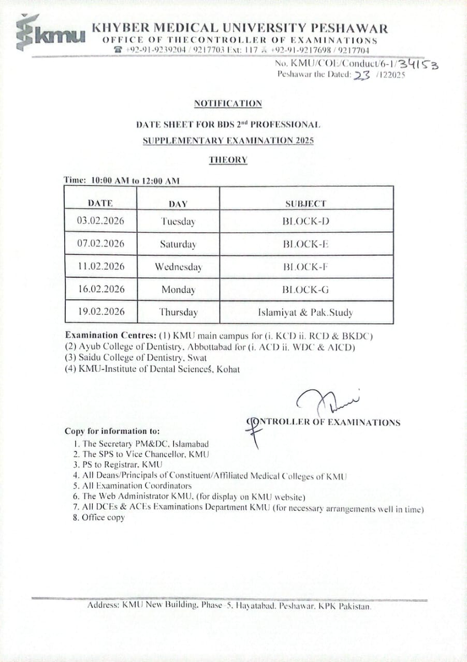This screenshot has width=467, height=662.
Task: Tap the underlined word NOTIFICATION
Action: point(228,103)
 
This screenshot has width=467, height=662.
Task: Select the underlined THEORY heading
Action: point(228,160)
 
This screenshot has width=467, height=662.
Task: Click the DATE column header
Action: point(100,203)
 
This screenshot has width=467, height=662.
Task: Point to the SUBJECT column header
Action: point(306,204)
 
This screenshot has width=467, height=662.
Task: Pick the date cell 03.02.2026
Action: point(100,221)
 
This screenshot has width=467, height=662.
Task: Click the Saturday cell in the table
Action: point(178,244)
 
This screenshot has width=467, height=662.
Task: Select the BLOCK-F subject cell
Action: point(306,267)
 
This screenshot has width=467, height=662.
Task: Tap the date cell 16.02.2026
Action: point(101,289)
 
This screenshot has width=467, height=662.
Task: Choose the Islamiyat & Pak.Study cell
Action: point(306,312)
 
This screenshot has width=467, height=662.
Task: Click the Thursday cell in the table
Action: point(178,312)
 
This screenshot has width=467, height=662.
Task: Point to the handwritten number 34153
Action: point(419,64)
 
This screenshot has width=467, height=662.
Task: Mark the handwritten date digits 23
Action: point(361,75)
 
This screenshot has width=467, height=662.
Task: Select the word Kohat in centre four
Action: point(228,369)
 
